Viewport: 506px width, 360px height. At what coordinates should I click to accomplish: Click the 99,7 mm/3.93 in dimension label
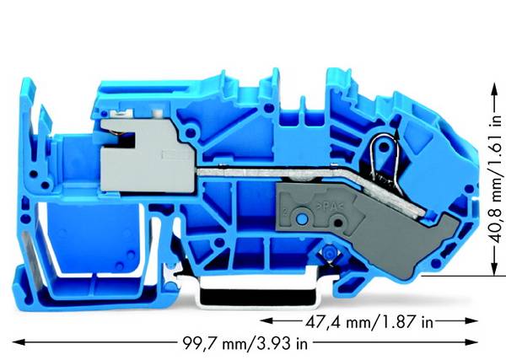[x=245, y=343]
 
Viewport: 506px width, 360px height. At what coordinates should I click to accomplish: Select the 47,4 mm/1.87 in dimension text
[x=369, y=321]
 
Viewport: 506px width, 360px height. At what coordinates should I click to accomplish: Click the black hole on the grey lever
[x=338, y=223]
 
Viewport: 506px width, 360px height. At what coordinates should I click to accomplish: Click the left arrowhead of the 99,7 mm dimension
[x=18, y=342]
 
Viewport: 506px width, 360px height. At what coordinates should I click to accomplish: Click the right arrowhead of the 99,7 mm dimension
[x=471, y=342]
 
